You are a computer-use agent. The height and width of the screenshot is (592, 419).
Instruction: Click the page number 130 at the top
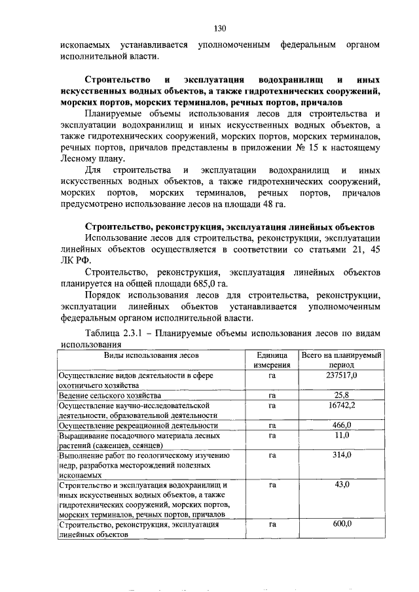click(x=219, y=28)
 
